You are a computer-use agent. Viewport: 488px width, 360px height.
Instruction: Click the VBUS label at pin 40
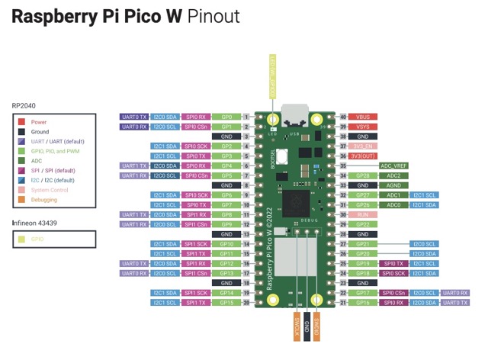[364, 117]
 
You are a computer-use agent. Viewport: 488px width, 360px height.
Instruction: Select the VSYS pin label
[364, 126]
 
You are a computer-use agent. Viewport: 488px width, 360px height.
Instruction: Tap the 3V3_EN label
[364, 146]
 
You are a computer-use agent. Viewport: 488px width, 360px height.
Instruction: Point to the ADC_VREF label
[394, 166]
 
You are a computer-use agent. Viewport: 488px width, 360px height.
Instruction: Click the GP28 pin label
[364, 175]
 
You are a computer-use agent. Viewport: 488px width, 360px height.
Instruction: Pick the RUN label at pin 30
[364, 214]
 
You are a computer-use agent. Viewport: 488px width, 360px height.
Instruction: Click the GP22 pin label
[364, 224]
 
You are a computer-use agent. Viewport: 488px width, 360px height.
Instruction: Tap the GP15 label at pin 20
[226, 303]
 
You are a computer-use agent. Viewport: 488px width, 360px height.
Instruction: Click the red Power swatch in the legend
[23, 122]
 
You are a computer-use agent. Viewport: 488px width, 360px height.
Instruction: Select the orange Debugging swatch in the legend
[23, 200]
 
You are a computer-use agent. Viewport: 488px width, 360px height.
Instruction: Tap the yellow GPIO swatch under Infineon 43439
[23, 239]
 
